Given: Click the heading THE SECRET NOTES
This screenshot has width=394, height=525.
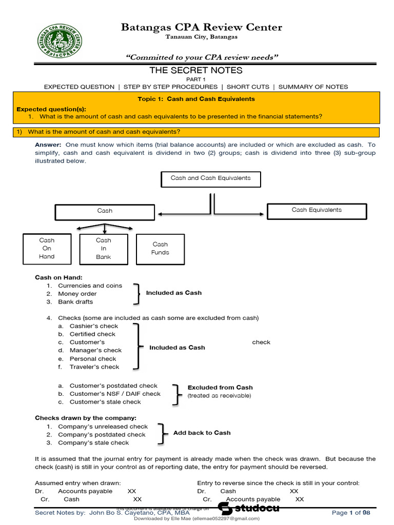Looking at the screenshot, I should click(x=195, y=70).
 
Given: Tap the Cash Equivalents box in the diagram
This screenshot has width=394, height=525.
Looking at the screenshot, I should click(x=317, y=210).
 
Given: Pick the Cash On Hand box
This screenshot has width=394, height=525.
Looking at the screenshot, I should click(x=47, y=249).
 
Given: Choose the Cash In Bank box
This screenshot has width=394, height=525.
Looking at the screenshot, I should click(x=104, y=249).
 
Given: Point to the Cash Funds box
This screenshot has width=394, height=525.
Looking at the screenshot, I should click(x=160, y=249).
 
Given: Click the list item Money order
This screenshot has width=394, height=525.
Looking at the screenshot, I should click(x=77, y=294).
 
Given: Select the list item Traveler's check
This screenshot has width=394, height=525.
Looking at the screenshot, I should click(x=94, y=367).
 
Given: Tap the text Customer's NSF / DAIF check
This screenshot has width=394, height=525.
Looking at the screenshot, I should click(x=115, y=394).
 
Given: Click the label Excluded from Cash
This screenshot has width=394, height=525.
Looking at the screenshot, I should click(x=220, y=388).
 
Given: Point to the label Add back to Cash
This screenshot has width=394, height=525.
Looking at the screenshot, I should click(x=202, y=433).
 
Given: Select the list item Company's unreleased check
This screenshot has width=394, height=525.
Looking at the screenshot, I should click(x=103, y=427).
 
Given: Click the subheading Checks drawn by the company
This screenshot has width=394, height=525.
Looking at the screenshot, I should click(x=86, y=418).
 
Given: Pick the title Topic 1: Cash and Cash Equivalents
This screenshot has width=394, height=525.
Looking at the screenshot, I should click(x=196, y=99).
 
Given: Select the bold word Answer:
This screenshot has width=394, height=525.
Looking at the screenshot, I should click(x=48, y=145).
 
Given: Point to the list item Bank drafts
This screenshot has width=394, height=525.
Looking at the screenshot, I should click(x=75, y=302).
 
